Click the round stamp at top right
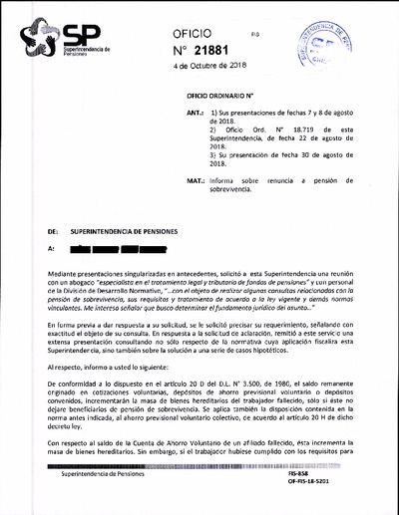(333, 44)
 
